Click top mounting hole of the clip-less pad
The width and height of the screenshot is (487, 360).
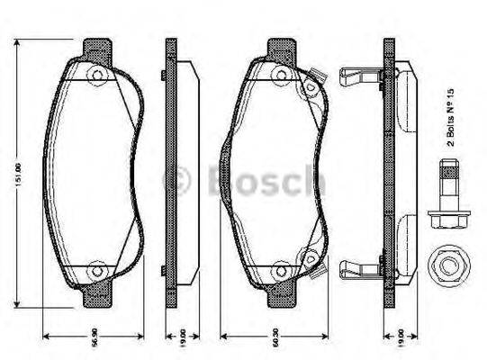[98, 75]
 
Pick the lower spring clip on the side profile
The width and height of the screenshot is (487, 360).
[359, 267]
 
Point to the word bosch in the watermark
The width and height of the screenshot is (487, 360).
[261, 180]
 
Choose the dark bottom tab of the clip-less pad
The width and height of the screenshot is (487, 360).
[98, 293]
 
